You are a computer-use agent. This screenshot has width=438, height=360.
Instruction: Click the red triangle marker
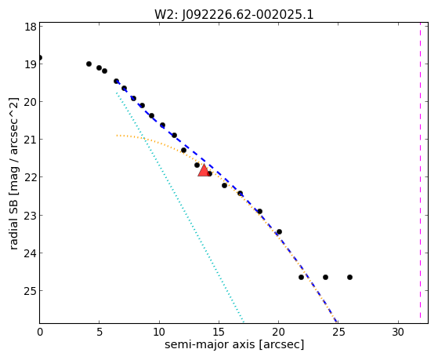click(x=204, y=170)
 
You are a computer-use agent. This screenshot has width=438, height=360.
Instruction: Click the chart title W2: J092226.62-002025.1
click(x=233, y=15)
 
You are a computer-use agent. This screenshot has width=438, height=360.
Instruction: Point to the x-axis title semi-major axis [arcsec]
click(x=234, y=344)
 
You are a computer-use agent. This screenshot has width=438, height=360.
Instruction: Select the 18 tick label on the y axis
click(x=31, y=27)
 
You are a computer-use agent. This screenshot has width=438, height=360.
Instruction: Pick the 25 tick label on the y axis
click(x=31, y=291)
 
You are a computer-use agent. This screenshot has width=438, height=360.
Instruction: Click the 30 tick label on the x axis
click(x=398, y=332)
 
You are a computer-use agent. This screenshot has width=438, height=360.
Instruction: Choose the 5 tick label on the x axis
click(x=100, y=332)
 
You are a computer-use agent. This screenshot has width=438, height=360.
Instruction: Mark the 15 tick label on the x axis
click(x=219, y=332)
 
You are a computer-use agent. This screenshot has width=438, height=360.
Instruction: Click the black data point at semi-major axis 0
click(x=40, y=57)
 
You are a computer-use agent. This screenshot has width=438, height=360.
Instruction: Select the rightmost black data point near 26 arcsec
click(x=349, y=277)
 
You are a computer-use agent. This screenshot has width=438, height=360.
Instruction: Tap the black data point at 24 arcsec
click(x=325, y=277)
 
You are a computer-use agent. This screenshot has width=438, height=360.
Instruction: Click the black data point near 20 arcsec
click(x=279, y=231)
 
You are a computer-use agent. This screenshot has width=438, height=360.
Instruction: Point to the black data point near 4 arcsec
click(x=89, y=64)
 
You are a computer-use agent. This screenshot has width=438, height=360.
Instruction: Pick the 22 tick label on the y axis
click(x=31, y=177)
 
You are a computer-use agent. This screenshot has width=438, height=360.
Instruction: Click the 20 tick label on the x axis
click(x=278, y=332)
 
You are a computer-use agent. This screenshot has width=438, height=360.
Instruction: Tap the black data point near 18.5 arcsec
click(x=259, y=211)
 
